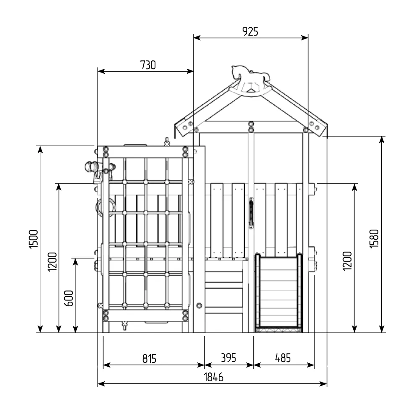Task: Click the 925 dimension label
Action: (250, 31)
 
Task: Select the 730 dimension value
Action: (148, 65)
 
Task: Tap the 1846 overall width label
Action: (214, 377)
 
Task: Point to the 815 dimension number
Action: (149, 359)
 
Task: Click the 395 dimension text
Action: (228, 358)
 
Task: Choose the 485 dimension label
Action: (283, 358)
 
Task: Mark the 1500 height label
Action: (34, 239)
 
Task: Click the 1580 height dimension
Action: (374, 239)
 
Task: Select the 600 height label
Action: (69, 298)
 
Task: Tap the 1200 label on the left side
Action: (52, 262)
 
